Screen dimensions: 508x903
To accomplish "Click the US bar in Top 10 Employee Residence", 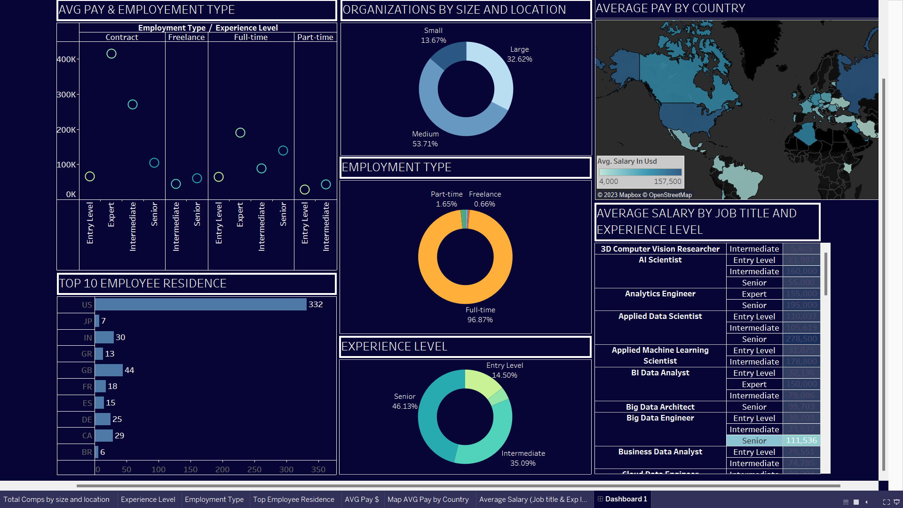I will (201, 305).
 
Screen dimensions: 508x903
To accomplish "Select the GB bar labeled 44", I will (109, 370).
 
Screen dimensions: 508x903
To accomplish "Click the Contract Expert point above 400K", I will (111, 54).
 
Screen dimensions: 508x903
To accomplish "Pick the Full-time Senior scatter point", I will (283, 151).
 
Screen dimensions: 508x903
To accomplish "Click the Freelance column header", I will (186, 37).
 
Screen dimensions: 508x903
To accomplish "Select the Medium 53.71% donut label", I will (425, 139).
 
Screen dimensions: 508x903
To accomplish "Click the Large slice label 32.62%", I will (520, 54).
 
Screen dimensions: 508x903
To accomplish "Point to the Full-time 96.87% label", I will (480, 315).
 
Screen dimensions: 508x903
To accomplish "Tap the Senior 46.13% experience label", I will (404, 401).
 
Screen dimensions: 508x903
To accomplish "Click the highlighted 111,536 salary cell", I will (801, 441).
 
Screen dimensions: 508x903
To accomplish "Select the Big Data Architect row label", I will (660, 407).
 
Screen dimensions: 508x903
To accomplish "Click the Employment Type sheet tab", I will (214, 500).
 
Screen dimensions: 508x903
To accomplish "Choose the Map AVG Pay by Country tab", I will (428, 500).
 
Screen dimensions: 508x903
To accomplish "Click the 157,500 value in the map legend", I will (667, 182).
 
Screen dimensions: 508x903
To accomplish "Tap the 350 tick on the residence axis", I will (318, 469).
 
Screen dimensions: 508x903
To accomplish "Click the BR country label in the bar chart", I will (87, 452).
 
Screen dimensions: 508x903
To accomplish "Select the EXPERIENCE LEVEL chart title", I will (394, 347).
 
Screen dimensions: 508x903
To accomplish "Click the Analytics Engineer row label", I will (660, 294).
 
